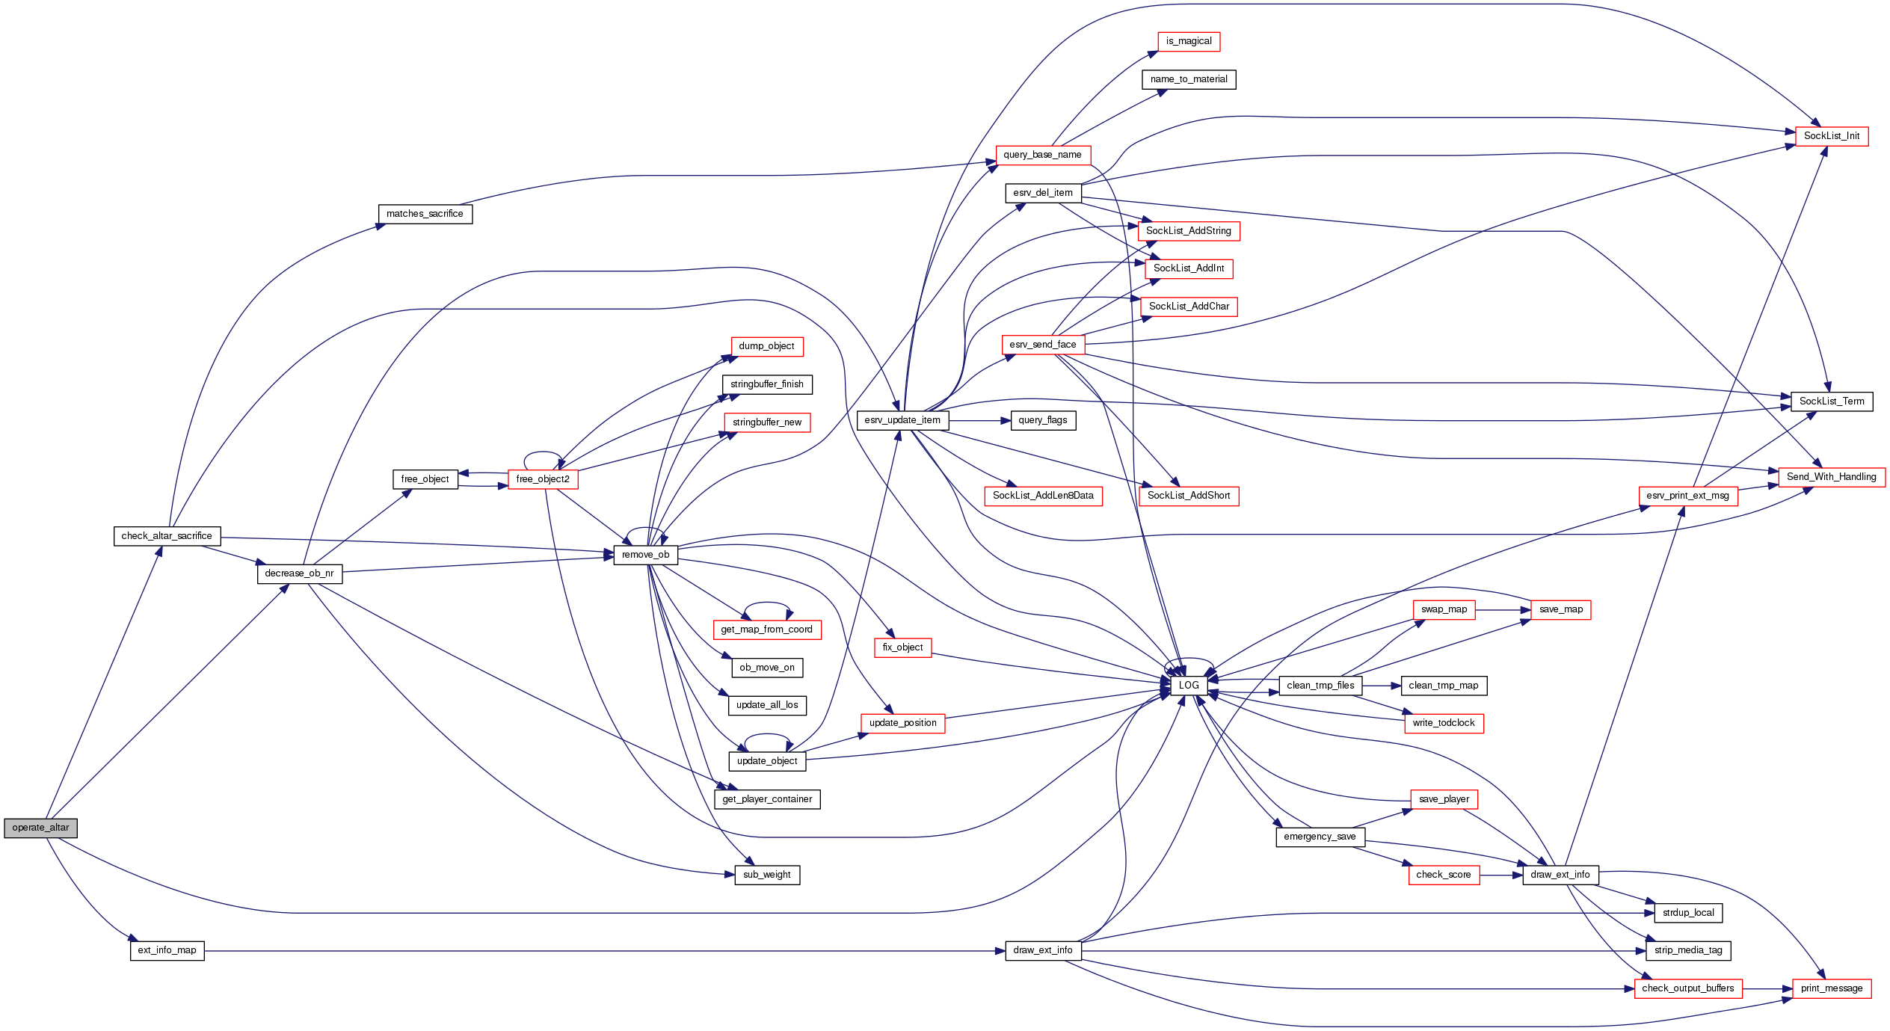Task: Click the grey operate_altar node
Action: click(x=40, y=828)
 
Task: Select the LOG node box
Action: click(x=1188, y=685)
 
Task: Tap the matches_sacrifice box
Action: click(x=425, y=214)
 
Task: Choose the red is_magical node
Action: click(x=1189, y=41)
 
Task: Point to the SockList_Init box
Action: click(x=1831, y=136)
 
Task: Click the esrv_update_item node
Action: click(x=902, y=420)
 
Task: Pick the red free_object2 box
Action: click(x=543, y=479)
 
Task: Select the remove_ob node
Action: click(x=645, y=555)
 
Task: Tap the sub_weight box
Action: click(x=766, y=875)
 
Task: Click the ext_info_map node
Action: click(x=167, y=950)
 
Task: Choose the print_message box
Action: click(x=1831, y=988)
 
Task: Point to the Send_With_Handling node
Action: click(x=1831, y=477)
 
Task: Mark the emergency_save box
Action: click(x=1320, y=837)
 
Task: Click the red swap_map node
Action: click(x=1444, y=609)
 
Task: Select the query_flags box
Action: click(x=1043, y=420)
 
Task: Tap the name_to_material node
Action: click(x=1189, y=79)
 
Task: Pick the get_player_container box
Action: click(x=766, y=799)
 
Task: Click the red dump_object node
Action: click(x=766, y=346)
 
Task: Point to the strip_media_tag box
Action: click(x=1688, y=950)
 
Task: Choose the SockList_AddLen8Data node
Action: click(x=1043, y=496)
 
